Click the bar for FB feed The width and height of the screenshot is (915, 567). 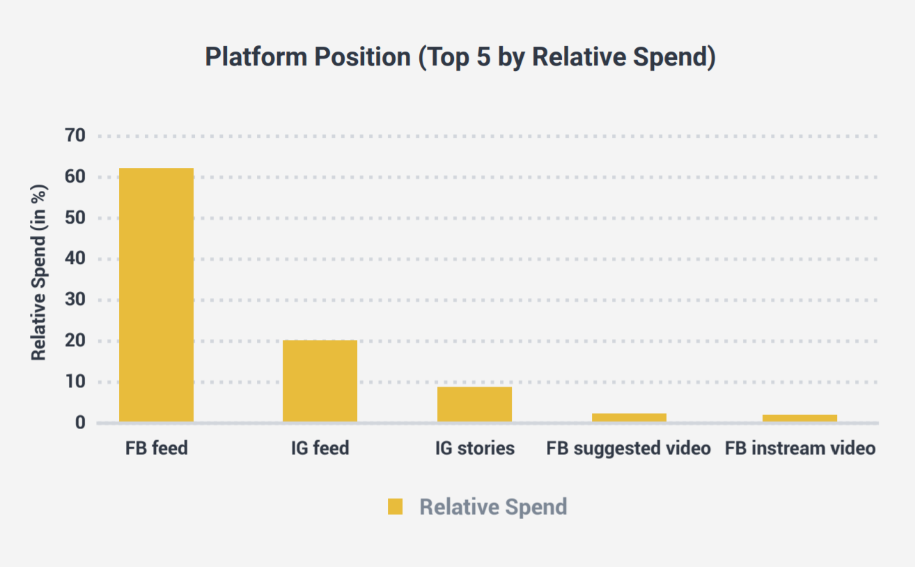(157, 295)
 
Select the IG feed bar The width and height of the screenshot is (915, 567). (320, 381)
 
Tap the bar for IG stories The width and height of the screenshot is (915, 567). (475, 404)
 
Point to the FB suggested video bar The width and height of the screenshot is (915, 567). (629, 417)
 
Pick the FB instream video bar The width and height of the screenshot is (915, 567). (800, 419)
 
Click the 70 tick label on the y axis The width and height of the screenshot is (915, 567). (75, 136)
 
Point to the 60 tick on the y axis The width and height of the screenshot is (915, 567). (75, 177)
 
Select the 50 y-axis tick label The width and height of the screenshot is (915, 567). (75, 218)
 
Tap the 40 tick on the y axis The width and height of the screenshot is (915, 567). (75, 258)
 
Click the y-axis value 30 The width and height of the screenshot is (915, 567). (75, 300)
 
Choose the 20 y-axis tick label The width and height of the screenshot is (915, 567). (75, 341)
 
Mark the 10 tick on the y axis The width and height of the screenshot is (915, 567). (75, 382)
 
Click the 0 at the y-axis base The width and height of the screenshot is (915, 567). (81, 423)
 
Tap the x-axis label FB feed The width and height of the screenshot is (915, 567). (157, 448)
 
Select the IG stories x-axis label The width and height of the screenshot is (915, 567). (475, 449)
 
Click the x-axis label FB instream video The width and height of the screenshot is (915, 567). (800, 448)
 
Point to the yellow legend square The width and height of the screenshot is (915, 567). (395, 506)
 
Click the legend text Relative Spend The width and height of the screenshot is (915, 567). (494, 507)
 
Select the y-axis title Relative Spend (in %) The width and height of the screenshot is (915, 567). (39, 272)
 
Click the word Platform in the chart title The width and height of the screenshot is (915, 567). (256, 56)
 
